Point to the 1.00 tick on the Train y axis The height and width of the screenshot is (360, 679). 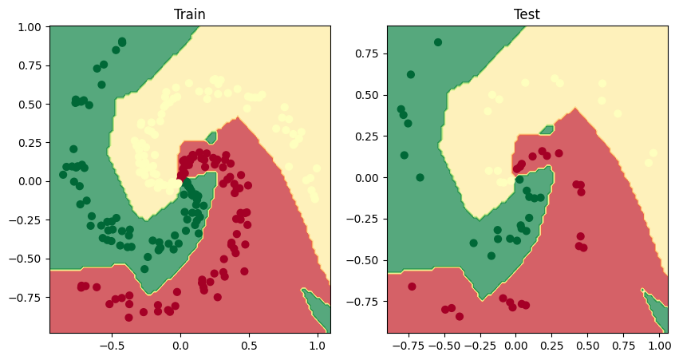pos(30,27)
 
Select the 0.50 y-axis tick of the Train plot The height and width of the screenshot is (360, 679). pos(30,104)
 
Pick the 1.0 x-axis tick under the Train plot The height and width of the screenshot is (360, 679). pos(318,346)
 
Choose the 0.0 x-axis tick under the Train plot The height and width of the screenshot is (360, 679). pos(180,346)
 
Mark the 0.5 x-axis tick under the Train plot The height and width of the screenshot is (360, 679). pos(249,346)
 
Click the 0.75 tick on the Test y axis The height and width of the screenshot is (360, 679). pos(369,54)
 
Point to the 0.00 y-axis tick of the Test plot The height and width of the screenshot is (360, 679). pos(369,177)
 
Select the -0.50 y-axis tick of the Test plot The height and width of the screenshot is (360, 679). pos(366,259)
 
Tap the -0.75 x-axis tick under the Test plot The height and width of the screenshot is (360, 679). pos(409,346)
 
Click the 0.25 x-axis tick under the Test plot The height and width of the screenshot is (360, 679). pos(551,346)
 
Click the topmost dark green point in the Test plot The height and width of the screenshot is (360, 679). pos(438,42)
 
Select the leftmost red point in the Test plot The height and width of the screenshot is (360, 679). pos(413,287)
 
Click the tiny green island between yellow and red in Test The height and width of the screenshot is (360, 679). pos(547,129)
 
